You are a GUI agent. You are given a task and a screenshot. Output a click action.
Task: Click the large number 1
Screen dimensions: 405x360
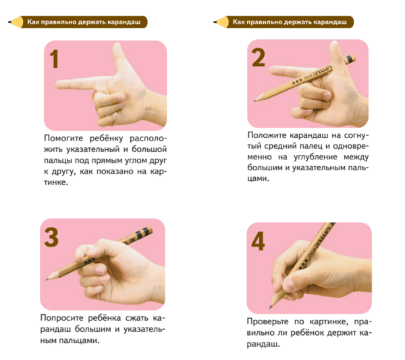coord(55,59)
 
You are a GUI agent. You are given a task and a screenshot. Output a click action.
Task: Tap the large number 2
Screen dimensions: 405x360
coord(259,57)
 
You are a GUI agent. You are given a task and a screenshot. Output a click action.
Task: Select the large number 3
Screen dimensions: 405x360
coord(51,237)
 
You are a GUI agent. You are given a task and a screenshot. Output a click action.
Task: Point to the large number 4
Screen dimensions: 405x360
coord(258,241)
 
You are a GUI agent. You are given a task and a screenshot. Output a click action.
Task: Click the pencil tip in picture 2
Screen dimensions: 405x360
coord(254,101)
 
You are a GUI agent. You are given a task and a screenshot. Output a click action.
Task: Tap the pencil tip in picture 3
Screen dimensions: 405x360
coord(47,279)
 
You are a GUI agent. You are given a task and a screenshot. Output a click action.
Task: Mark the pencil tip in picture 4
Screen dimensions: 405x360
coord(271,307)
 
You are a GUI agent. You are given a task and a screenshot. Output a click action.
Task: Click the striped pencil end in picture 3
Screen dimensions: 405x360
coord(144,232)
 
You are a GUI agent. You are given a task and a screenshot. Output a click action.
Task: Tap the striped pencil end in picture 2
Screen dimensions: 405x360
coord(350,59)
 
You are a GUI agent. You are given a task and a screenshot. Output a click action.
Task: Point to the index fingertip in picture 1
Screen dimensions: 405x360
coord(58,84)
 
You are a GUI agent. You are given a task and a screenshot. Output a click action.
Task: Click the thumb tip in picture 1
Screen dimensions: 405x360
coord(117,46)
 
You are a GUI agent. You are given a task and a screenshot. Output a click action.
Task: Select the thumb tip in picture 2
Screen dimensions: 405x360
coord(335,44)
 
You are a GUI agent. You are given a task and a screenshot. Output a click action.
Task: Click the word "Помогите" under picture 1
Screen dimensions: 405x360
coord(63,138)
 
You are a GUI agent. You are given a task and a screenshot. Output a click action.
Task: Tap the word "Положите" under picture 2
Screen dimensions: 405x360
coord(267,135)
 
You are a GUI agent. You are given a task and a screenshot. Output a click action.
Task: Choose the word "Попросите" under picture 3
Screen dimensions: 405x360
coord(61,318)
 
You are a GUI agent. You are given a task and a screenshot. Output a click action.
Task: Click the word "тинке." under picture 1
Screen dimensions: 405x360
coord(56,182)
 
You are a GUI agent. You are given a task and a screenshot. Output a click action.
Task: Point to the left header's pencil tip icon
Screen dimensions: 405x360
coord(10,22)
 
